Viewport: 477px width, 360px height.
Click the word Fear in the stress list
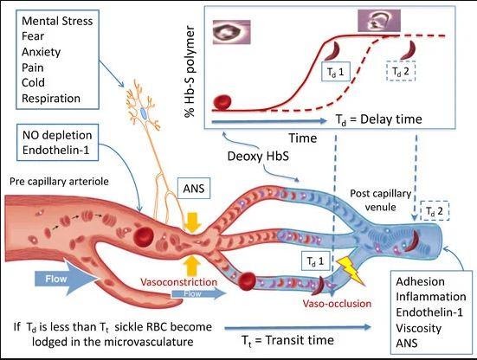33,36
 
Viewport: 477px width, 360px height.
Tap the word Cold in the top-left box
33,82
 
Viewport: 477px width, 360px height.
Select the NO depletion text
57,135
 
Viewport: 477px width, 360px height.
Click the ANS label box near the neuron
194,188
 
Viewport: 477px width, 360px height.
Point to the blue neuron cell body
144,113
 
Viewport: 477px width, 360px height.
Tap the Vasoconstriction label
179,282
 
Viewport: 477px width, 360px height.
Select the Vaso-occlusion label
337,304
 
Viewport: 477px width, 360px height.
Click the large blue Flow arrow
67,278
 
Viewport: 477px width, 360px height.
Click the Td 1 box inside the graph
336,72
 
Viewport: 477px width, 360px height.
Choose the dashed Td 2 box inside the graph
401,72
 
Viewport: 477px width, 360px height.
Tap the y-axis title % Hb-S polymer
190,72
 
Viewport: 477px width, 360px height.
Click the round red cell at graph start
222,102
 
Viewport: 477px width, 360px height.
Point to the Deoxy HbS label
258,156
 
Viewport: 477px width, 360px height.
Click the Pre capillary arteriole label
59,181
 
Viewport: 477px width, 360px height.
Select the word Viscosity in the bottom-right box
419,328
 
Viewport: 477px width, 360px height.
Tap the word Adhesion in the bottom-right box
420,281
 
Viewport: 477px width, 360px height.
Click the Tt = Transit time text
287,340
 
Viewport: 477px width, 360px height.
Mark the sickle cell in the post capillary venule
412,241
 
